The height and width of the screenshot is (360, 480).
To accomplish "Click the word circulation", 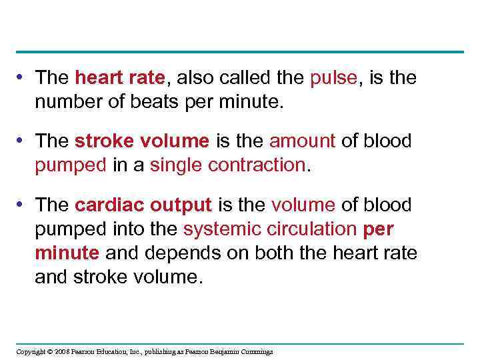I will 312,229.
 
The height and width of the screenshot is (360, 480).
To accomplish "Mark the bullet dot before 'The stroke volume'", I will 23,141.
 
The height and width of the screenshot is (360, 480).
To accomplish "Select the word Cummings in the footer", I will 257,351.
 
